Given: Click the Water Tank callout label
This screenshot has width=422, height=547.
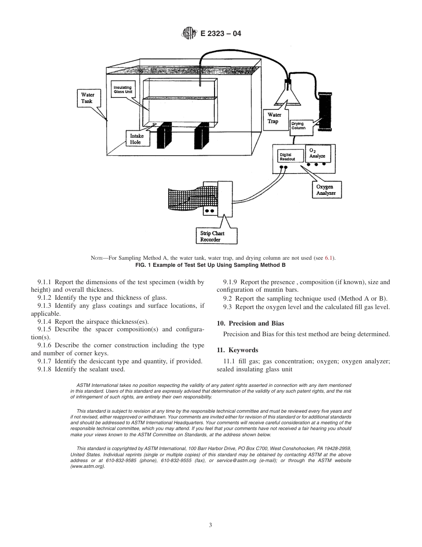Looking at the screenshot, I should tap(88, 98).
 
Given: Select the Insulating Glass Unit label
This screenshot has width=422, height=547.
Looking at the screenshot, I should tap(123, 90).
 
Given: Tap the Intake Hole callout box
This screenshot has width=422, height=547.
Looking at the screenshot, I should tap(135, 139).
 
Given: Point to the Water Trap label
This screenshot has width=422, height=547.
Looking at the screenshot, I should tap(274, 118).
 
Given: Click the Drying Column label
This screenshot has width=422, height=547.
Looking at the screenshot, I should tap(299, 126).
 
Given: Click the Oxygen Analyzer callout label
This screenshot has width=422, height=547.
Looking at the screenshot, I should tap(326, 190).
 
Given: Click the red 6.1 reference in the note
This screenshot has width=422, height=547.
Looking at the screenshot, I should tap(328, 258).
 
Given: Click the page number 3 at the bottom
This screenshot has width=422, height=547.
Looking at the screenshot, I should tap(211, 525).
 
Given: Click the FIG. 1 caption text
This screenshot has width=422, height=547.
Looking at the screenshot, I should tap(211, 265).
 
